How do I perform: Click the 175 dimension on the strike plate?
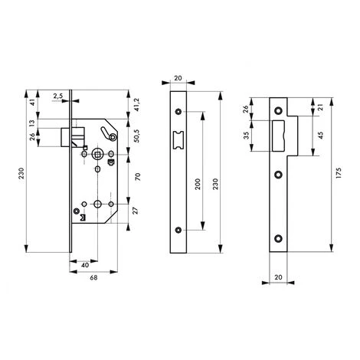[339, 177]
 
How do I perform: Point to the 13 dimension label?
[31, 123]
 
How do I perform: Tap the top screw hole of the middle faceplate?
[179, 113]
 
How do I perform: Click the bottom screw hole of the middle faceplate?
[179, 229]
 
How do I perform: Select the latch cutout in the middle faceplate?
[179, 139]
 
